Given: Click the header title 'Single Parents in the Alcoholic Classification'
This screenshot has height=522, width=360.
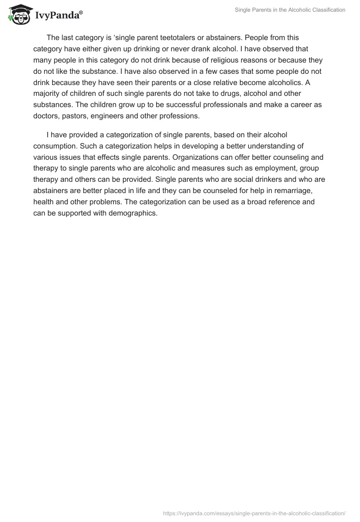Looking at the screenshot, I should click(290, 10).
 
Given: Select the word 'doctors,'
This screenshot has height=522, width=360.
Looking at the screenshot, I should click(47, 116).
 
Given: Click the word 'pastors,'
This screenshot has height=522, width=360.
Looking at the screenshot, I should click(78, 116).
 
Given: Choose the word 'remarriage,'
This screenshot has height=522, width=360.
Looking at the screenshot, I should click(299, 190).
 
